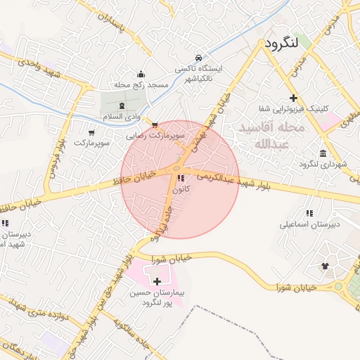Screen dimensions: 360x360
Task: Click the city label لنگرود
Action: [291, 43]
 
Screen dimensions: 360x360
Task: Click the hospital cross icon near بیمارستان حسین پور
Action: [157, 281]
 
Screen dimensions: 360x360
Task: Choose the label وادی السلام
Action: [122, 116]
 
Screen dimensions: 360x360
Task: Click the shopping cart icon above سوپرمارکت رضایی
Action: [155, 124]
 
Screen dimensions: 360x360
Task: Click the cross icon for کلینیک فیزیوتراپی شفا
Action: [293, 98]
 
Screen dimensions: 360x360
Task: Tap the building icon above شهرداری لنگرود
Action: [323, 153]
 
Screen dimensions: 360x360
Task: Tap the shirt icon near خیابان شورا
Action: [325, 266]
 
